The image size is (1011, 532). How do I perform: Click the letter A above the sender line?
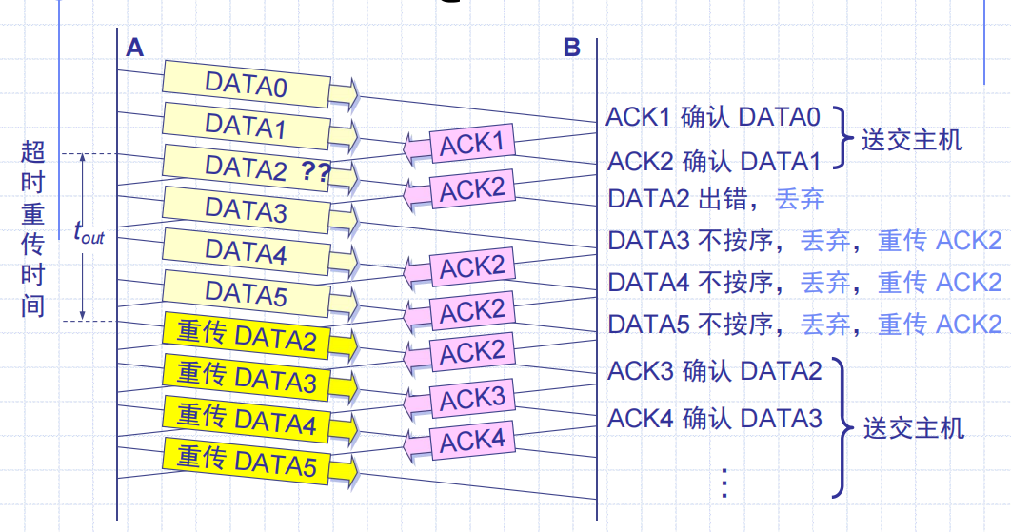point(134,47)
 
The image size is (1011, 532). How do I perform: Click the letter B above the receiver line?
point(571,47)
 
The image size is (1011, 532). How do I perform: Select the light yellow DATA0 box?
point(246,85)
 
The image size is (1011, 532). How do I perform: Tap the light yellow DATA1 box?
point(246,126)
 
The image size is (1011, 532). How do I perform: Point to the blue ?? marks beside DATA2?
point(317,171)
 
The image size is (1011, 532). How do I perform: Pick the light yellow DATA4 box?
point(246,251)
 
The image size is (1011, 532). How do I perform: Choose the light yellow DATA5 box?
point(246,293)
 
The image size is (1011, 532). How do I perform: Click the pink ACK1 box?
point(471,145)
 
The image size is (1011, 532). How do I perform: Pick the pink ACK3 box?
point(471,399)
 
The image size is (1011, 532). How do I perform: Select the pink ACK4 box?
point(471,441)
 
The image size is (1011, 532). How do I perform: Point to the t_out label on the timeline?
point(89,232)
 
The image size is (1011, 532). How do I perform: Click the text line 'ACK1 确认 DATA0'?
point(713,117)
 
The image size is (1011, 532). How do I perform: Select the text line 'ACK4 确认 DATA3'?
point(714,417)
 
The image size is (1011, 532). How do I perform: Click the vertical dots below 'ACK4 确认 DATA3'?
point(724,483)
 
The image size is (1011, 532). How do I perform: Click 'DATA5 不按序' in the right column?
point(689,324)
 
